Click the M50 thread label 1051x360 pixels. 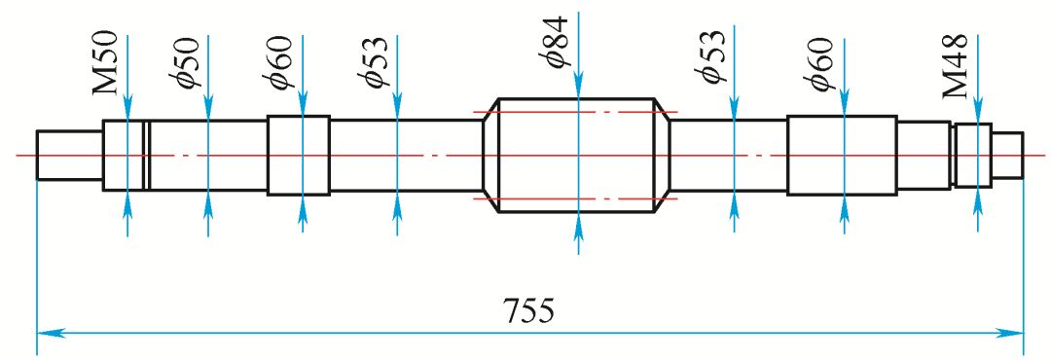[x=107, y=63]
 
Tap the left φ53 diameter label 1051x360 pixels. [x=374, y=61]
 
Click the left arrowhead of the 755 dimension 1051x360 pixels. [x=46, y=331]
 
